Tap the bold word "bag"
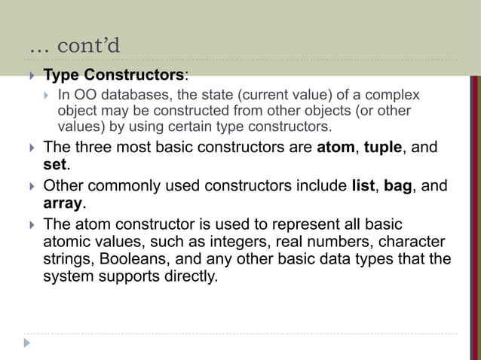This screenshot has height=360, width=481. click(x=397, y=185)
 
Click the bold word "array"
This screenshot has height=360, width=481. click(x=63, y=203)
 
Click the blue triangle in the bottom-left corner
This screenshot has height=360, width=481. click(x=28, y=343)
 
